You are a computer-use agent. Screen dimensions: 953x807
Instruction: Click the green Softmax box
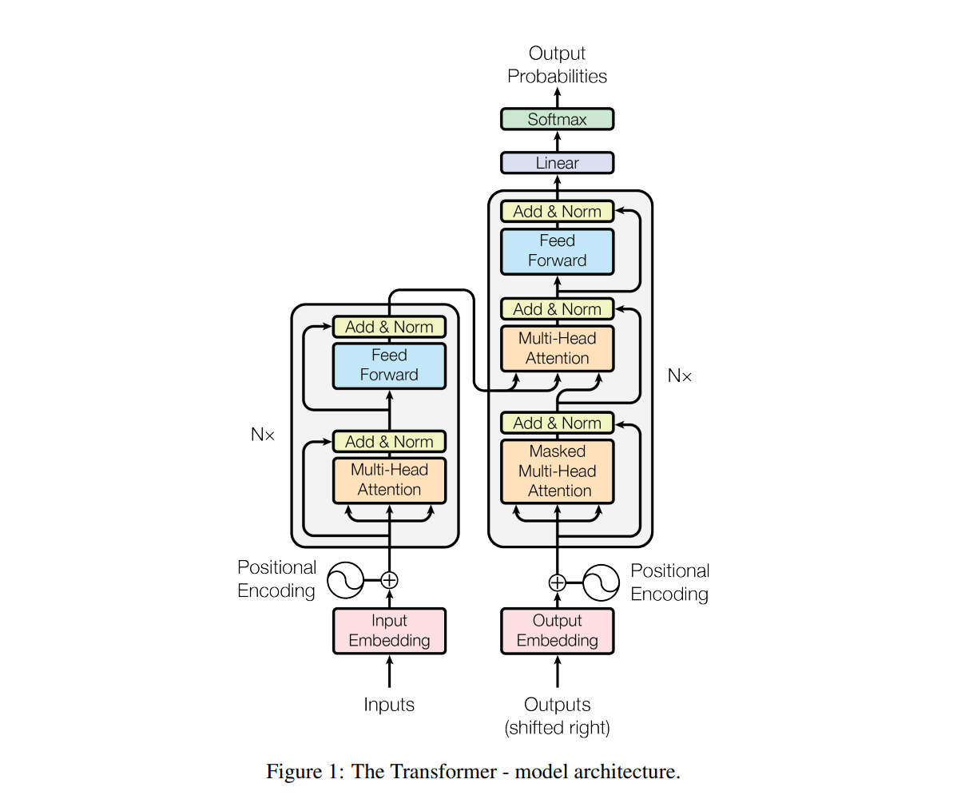(557, 119)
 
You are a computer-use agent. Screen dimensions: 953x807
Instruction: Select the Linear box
(557, 163)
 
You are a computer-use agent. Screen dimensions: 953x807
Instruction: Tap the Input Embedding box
(389, 630)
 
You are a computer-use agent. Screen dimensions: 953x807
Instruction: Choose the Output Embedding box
(557, 630)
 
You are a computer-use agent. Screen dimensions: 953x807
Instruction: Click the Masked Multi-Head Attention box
(557, 471)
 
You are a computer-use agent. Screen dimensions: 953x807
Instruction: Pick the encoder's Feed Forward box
(389, 365)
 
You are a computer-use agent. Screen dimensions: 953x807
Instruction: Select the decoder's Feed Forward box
(557, 251)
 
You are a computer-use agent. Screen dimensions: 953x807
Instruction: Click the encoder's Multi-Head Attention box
(389, 480)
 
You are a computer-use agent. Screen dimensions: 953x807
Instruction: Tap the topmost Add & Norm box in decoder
(557, 212)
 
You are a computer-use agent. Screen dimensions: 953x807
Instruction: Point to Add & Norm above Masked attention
(557, 423)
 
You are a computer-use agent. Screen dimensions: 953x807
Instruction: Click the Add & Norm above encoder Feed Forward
(389, 327)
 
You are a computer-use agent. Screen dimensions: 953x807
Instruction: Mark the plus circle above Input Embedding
(389, 580)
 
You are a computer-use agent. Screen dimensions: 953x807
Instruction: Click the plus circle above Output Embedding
(557, 582)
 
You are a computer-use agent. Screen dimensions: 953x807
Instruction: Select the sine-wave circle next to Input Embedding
(345, 580)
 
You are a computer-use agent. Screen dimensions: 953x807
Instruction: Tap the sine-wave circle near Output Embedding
(601, 582)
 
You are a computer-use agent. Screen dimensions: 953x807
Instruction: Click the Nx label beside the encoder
(263, 434)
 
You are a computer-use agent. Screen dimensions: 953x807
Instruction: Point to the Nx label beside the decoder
(680, 376)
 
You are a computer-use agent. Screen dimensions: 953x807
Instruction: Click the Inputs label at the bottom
(389, 704)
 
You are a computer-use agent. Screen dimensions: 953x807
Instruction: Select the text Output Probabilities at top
(557, 65)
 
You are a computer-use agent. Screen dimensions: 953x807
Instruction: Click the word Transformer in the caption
(443, 771)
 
